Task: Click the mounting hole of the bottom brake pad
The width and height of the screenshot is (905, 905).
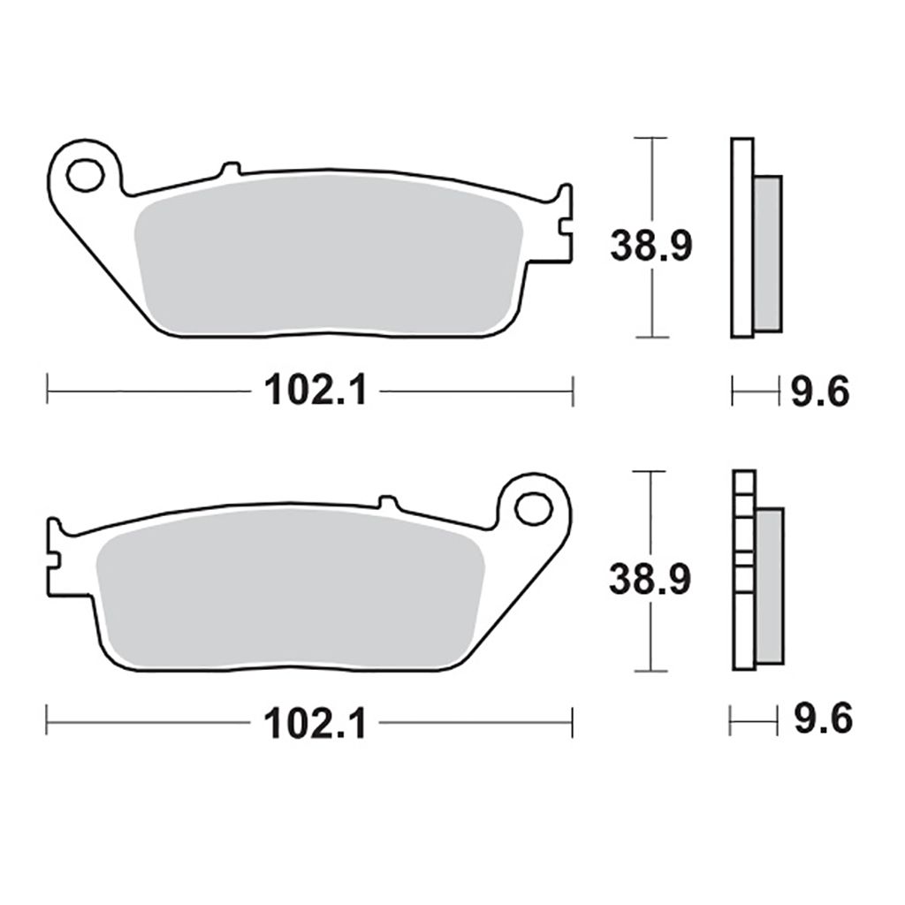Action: coord(534,509)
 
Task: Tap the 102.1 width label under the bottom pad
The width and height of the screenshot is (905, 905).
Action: coord(315,724)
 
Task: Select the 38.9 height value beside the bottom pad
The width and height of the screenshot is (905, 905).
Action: coord(650,579)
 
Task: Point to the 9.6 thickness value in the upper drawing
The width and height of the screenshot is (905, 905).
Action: coord(819,390)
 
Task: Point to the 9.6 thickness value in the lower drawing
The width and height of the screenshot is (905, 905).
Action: coord(821,720)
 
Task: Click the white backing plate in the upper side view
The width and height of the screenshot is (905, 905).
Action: coord(742,238)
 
